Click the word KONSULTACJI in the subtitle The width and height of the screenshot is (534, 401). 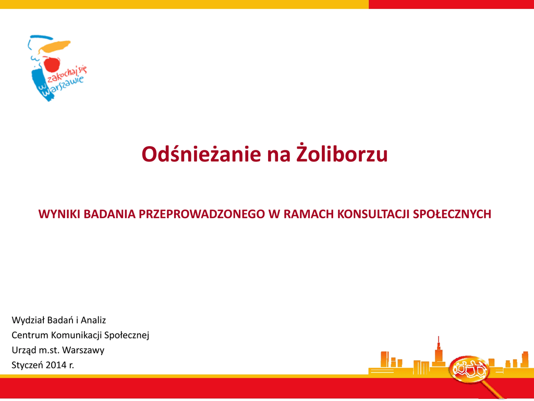(x=373, y=214)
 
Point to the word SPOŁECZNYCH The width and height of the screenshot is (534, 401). (x=452, y=214)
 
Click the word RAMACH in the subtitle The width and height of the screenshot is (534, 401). (x=308, y=214)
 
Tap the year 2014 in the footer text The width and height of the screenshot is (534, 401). (x=56, y=365)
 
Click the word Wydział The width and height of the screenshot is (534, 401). (x=28, y=320)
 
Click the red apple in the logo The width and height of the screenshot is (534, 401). (x=52, y=63)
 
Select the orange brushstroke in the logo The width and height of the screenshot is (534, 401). (x=55, y=46)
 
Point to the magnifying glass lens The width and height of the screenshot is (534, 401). (x=469, y=369)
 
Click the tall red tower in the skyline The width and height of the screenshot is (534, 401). (x=439, y=351)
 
